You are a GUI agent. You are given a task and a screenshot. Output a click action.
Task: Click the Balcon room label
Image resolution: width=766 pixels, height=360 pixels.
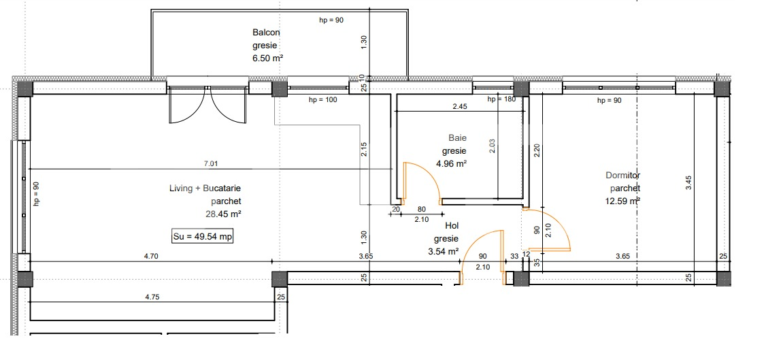coord(266,32)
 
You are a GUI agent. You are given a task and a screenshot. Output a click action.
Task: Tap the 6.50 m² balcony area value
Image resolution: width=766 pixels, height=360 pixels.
coord(267,59)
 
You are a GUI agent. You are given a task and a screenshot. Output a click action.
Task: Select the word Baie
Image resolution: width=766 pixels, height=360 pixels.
coord(457,137)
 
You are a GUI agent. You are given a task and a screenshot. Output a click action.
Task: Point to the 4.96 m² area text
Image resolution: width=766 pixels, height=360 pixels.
coord(451,163)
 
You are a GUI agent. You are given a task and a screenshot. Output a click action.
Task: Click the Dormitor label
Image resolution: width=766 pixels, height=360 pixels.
coord(623,175)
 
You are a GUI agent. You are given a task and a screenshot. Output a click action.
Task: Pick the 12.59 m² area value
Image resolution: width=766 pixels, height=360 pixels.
coord(622,201)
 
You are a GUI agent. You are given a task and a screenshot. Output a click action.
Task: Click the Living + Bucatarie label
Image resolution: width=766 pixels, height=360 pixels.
coord(205,188)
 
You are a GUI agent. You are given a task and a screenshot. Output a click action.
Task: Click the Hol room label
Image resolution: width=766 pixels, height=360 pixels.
coord(452,225)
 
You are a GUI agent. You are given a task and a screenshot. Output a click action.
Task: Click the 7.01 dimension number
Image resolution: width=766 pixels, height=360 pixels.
coord(211,163)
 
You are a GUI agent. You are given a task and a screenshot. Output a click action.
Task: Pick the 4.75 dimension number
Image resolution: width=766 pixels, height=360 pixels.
coord(152,297)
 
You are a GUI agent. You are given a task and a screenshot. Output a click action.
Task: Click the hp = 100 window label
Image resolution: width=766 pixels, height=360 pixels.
coord(322,101)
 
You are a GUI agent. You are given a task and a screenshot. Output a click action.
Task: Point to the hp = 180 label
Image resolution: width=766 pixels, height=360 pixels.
coord(502,99)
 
